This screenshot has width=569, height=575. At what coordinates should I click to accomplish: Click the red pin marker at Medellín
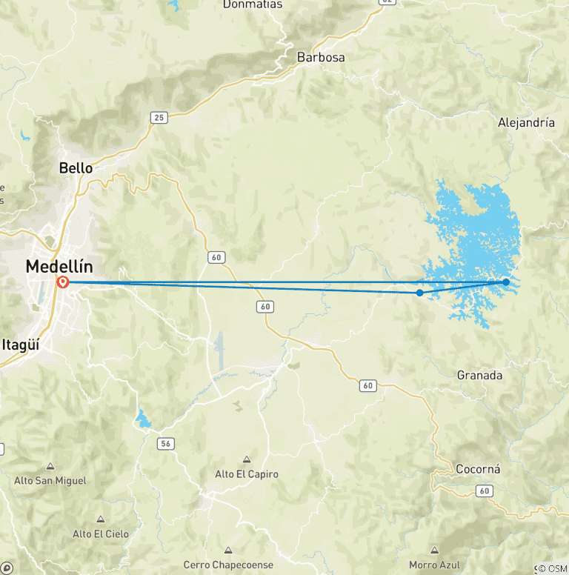coord(63,282)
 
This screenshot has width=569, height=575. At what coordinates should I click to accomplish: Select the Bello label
coord(76,168)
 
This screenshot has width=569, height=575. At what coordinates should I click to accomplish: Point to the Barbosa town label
coord(321,57)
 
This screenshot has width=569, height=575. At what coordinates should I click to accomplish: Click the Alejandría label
coord(526,123)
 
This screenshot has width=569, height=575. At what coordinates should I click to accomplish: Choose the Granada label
coord(479,376)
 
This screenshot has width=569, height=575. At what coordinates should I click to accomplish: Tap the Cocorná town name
coord(478,470)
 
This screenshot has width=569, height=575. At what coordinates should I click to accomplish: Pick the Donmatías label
coord(252,4)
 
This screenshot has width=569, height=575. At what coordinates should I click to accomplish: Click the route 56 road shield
coord(166,443)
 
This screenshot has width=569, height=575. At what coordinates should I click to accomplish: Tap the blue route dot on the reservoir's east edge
coord(506,282)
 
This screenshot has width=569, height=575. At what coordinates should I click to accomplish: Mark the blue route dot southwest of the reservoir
coord(420,293)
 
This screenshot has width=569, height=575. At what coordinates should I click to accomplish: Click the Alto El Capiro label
coord(246,474)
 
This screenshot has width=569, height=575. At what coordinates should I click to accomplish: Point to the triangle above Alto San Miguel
coord(50,467)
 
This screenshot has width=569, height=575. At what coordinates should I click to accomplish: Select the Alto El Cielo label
coord(101,534)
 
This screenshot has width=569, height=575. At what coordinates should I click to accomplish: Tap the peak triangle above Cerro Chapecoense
coord(228,551)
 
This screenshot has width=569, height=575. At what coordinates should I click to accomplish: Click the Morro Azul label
coord(434,565)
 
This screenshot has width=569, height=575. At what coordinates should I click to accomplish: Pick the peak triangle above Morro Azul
coord(434,551)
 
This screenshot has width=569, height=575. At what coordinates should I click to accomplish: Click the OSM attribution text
coord(552,569)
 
